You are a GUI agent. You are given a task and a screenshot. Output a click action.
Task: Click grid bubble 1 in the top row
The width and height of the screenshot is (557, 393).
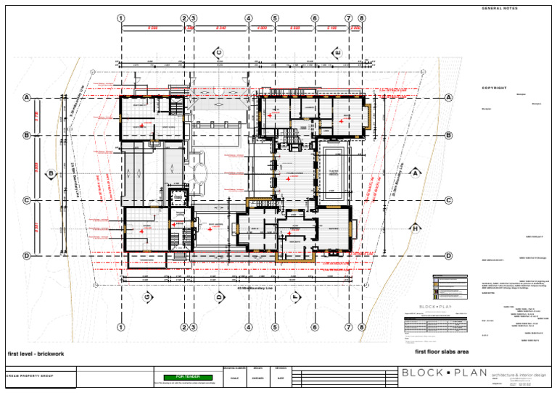coord(120,19)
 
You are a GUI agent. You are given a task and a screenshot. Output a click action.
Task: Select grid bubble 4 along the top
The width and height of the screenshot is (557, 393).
coord(249,19)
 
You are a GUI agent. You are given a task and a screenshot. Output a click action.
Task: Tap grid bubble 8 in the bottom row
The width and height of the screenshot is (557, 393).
coord(361,327)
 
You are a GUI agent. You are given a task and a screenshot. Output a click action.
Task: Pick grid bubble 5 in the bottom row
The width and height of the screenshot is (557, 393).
coord(276,327)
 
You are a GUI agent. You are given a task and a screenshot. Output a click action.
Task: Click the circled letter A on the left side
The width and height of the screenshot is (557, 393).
coord(27,98)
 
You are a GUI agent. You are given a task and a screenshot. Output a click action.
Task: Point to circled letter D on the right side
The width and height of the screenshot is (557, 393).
coord(448,256)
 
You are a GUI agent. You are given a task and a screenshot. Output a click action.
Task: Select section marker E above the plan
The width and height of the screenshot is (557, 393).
coord(337,52)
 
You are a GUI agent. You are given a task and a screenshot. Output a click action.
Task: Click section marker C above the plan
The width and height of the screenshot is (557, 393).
coord(216,52)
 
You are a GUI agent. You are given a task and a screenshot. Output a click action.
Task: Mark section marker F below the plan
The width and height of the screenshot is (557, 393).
coord(295,297)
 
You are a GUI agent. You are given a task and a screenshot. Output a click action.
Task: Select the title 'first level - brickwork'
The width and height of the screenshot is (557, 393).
coord(36,354)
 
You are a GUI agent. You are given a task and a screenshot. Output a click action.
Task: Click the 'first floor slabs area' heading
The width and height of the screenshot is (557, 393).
coord(442,352)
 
